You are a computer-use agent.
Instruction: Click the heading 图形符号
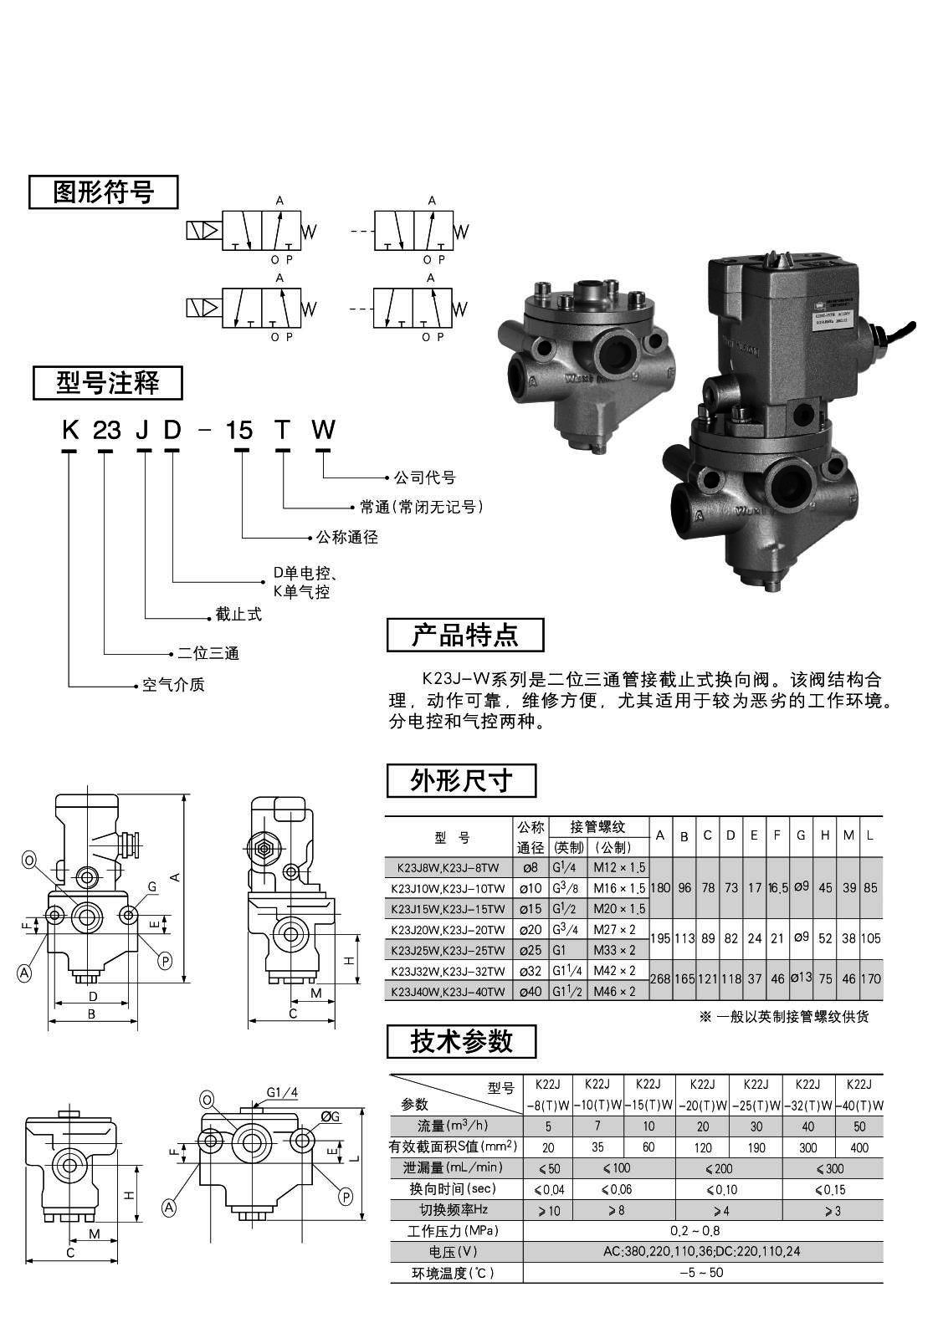click(x=104, y=192)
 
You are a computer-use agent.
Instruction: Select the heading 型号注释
click(x=107, y=383)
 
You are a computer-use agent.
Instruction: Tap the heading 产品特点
click(x=464, y=635)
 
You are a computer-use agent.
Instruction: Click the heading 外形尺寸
click(x=461, y=781)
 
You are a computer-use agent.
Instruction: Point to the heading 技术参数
click(x=461, y=1041)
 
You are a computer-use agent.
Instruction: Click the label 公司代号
click(x=425, y=478)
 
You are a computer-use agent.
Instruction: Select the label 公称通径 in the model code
click(x=347, y=537)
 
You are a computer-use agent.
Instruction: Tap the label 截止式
click(x=238, y=615)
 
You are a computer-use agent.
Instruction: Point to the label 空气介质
click(x=173, y=685)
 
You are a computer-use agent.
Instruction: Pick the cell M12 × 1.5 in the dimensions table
click(x=619, y=867)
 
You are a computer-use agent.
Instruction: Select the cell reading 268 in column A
click(x=660, y=979)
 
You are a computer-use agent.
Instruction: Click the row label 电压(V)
click(x=457, y=1252)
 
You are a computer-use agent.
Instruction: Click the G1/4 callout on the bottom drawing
click(x=282, y=1092)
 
